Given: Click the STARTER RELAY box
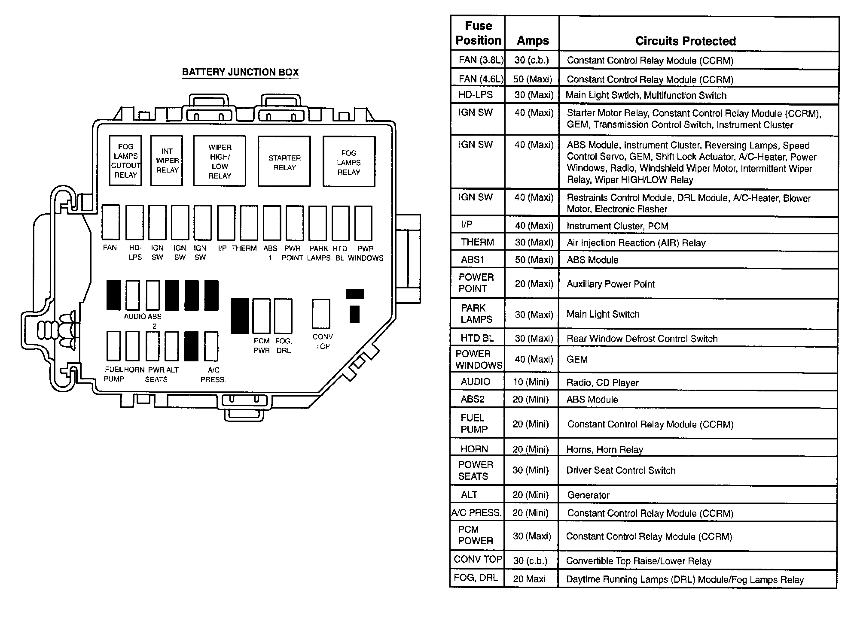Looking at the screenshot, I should (x=284, y=162).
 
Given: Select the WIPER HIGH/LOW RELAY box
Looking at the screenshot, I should (x=220, y=161).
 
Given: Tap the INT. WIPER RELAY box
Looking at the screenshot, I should (x=167, y=161).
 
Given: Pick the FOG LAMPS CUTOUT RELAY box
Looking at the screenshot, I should (x=125, y=161).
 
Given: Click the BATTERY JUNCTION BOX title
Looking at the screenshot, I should (x=240, y=72).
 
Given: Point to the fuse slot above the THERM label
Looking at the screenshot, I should (x=249, y=223).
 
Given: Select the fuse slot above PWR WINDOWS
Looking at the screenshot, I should (x=363, y=223).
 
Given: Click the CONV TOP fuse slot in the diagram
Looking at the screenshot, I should (x=321, y=314).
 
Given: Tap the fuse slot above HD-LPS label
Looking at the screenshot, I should (x=134, y=222).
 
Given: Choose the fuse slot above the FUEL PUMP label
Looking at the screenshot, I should (x=113, y=346).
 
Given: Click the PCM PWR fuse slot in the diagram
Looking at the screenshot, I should (x=261, y=316).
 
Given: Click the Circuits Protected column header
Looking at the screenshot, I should (x=685, y=41).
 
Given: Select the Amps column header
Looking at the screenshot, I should (x=533, y=41).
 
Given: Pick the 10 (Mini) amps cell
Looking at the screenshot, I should (x=531, y=382).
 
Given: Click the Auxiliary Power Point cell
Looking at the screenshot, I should (x=610, y=284).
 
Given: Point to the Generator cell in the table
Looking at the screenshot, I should (x=588, y=495).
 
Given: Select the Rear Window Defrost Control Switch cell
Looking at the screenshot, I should (x=642, y=339).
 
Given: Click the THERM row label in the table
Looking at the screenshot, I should (x=477, y=242).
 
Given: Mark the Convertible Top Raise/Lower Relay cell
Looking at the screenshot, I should (x=638, y=561).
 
